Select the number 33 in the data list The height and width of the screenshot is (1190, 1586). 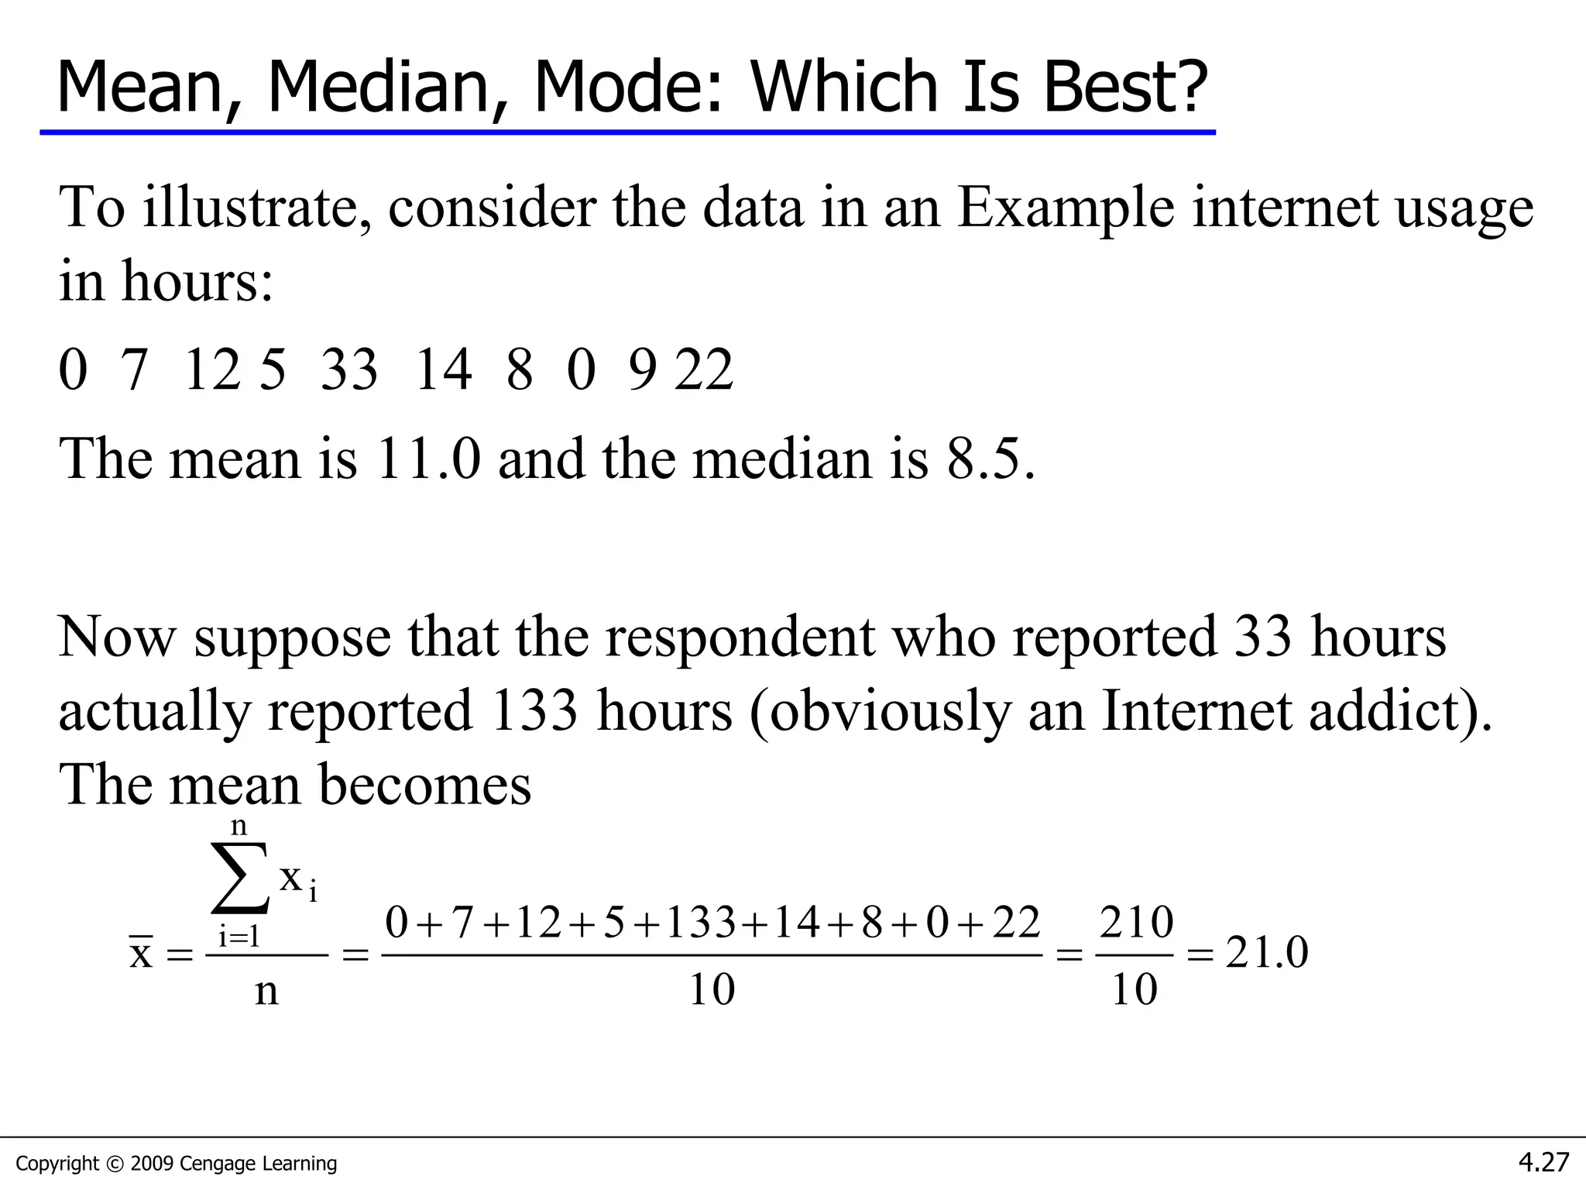pyautogui.click(x=349, y=370)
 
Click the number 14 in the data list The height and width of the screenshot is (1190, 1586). pyautogui.click(x=443, y=370)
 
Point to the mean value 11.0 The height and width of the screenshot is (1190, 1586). pyautogui.click(x=428, y=459)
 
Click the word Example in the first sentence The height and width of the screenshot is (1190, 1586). pyautogui.click(x=1066, y=209)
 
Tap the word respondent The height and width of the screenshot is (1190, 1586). pyautogui.click(x=741, y=637)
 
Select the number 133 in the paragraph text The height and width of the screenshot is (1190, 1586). pyautogui.click(x=534, y=710)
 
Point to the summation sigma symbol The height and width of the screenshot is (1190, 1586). pyautogui.click(x=240, y=879)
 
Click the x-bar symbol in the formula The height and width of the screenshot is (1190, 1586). pyautogui.click(x=141, y=952)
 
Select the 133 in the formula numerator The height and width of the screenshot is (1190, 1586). pyautogui.click(x=701, y=923)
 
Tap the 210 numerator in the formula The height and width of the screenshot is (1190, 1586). pyautogui.click(x=1136, y=922)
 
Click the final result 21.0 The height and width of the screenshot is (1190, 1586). pyautogui.click(x=1267, y=952)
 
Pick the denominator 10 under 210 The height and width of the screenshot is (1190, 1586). pyautogui.click(x=1135, y=989)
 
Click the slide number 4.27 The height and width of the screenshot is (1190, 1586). pyautogui.click(x=1543, y=1162)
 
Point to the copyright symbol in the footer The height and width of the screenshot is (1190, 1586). pyautogui.click(x=115, y=1164)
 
